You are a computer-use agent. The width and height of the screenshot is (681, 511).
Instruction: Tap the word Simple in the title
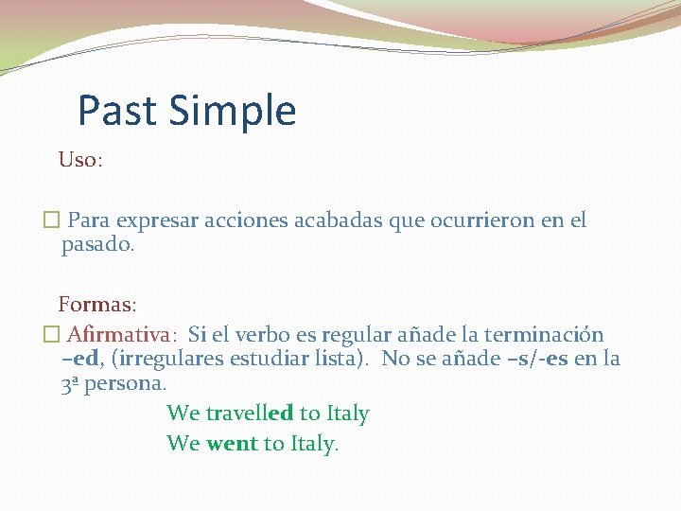pyautogui.click(x=233, y=111)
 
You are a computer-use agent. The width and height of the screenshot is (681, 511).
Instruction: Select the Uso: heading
pyautogui.click(x=80, y=160)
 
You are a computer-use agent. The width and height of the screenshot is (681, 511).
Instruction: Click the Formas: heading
pyautogui.click(x=97, y=305)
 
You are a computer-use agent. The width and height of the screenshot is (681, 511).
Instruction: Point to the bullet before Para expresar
pyautogui.click(x=51, y=221)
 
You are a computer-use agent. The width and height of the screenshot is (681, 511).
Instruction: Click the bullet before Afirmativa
pyautogui.click(x=51, y=335)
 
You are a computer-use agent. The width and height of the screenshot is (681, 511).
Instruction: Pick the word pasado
pyautogui.click(x=98, y=245)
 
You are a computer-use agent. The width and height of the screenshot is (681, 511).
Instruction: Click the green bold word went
pyautogui.click(x=232, y=443)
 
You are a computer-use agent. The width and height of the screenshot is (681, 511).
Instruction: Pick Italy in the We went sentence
pyautogui.click(x=313, y=443)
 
